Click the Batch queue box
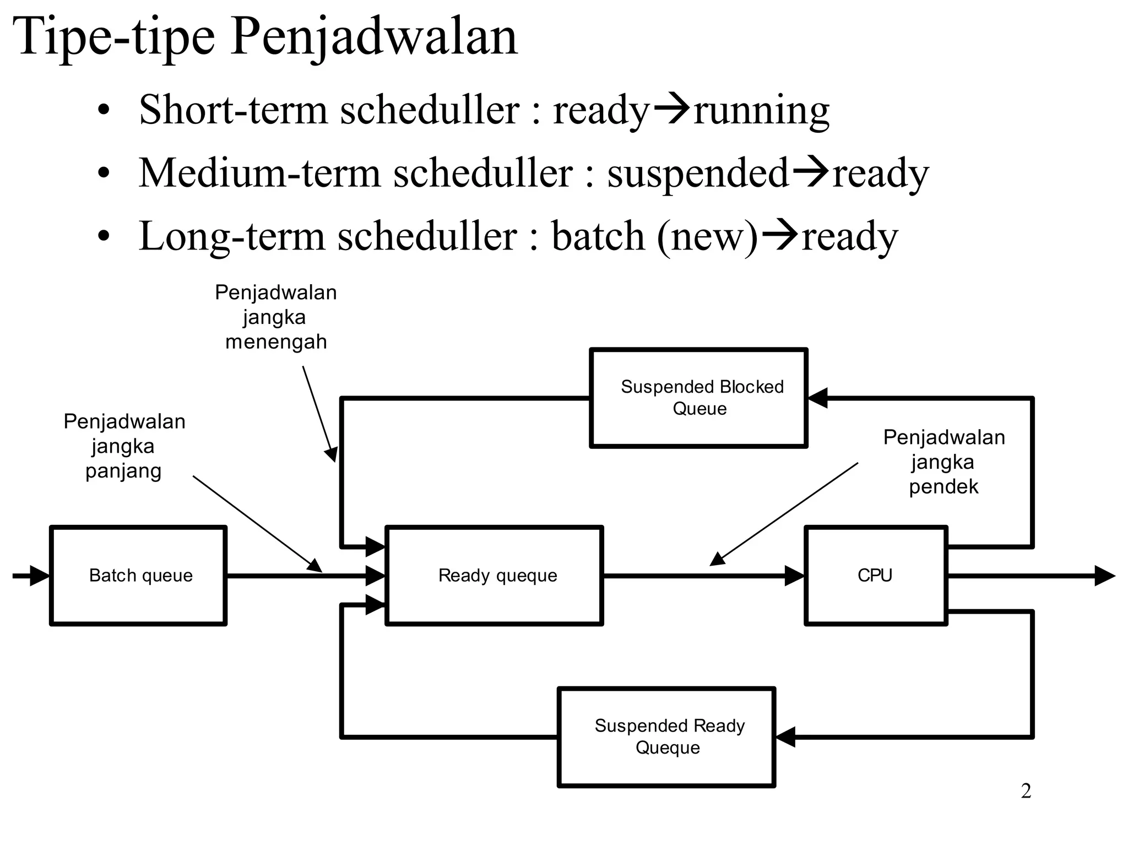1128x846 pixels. point(138,576)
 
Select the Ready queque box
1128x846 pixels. point(494,576)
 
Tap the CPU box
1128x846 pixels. point(876,576)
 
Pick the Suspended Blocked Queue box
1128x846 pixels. point(698,398)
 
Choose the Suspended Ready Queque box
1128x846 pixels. point(666,736)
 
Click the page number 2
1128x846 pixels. point(1026,791)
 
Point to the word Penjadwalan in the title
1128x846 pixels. point(375,37)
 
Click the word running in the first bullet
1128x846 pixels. point(761,110)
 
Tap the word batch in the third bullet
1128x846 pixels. point(598,236)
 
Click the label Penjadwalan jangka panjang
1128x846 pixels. point(124,446)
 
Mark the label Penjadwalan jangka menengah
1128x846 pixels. point(275,317)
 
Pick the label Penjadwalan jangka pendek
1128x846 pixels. point(943,462)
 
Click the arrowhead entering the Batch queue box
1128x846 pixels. point(40,576)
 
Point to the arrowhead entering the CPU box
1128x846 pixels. point(794,576)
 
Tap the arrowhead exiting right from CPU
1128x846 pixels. point(1104,576)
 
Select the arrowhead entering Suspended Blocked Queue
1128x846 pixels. point(818,398)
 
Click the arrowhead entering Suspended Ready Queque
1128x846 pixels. point(786,736)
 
